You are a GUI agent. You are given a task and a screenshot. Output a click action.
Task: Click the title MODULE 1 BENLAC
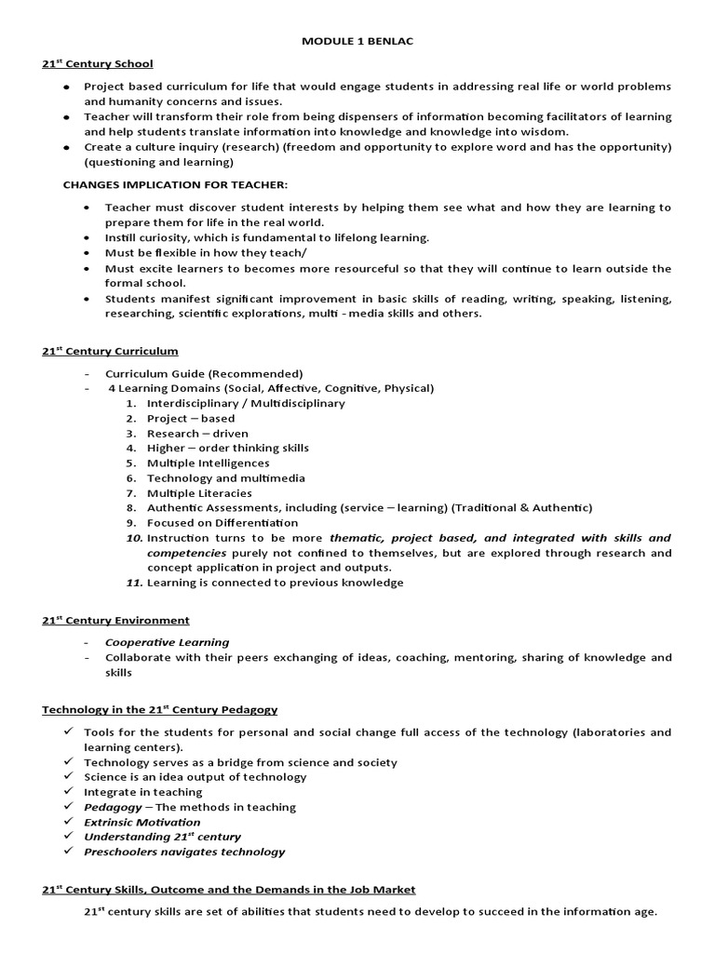(357, 41)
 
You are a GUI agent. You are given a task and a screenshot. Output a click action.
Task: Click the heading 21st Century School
(98, 64)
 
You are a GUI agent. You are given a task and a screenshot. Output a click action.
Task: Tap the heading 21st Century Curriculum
(110, 351)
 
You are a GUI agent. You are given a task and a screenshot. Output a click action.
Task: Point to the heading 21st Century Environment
(115, 620)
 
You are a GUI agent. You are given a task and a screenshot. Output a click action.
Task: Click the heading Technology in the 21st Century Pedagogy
(159, 709)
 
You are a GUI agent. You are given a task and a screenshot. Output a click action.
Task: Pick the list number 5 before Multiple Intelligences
(131, 463)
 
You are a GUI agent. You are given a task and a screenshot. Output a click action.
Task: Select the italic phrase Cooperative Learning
(167, 642)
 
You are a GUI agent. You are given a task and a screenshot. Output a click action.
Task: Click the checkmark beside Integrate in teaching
(69, 791)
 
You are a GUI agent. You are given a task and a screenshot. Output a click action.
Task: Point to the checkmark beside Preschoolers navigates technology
(69, 851)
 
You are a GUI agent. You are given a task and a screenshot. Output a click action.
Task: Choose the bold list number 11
(132, 583)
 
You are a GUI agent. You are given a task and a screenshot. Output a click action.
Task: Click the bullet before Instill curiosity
(87, 238)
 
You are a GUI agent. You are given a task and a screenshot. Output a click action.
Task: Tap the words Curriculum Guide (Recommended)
(204, 373)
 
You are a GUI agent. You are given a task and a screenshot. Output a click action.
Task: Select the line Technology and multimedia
(226, 478)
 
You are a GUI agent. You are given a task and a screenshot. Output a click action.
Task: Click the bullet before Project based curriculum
(66, 87)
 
